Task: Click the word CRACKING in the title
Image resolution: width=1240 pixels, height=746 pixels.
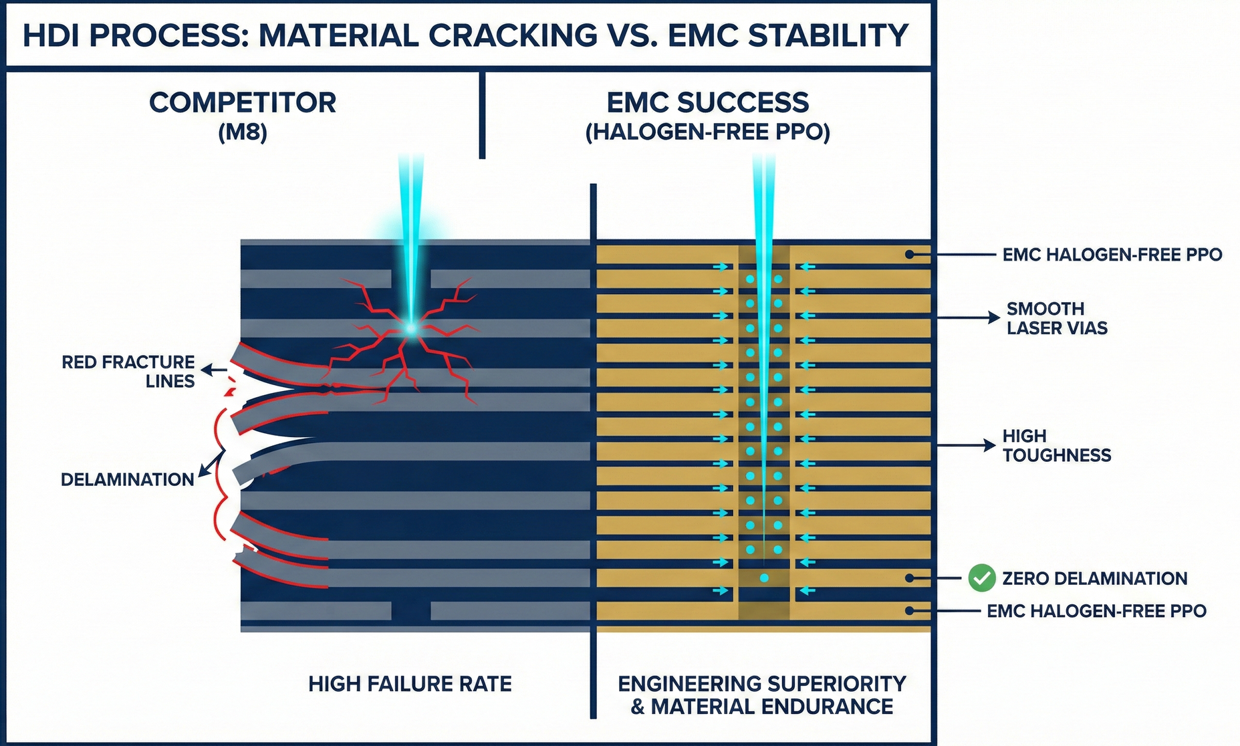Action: [513, 35]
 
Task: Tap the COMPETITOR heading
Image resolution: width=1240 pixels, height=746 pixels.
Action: [243, 103]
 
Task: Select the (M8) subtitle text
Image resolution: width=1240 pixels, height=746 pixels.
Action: [243, 132]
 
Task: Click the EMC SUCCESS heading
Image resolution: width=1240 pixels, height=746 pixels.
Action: [708, 103]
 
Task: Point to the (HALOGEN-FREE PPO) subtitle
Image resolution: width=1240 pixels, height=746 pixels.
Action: [708, 132]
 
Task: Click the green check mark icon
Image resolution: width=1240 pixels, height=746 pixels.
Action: [981, 578]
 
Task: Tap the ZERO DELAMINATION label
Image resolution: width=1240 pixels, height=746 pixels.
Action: [1095, 578]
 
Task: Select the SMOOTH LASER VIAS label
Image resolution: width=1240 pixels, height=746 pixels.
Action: [1057, 318]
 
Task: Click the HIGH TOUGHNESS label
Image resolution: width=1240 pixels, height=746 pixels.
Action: [1057, 445]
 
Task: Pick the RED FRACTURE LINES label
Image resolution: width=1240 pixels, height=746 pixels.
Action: [128, 372]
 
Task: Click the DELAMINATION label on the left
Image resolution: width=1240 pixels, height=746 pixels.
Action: [128, 479]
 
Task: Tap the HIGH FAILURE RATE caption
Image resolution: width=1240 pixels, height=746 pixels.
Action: [410, 684]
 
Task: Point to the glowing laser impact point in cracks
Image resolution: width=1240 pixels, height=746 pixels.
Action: [410, 328]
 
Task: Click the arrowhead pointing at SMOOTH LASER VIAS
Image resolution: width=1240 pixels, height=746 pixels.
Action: [994, 318]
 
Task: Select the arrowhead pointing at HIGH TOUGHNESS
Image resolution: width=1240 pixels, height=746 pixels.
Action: [990, 445]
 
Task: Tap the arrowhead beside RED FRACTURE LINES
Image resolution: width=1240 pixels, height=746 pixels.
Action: [207, 370]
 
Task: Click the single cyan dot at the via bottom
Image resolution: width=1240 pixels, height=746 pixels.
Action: [764, 578]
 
